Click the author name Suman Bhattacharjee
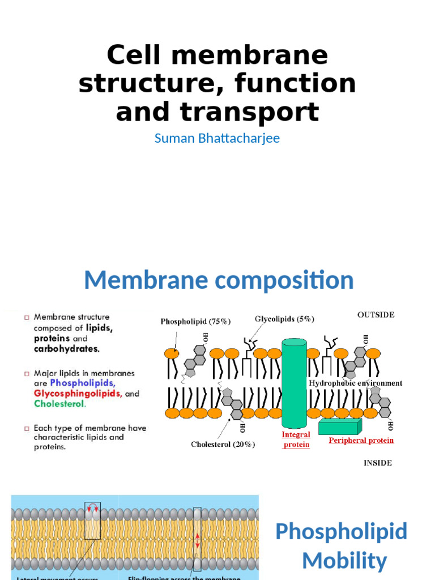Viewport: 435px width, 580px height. point(217,138)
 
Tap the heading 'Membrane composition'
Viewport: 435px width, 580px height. point(219,280)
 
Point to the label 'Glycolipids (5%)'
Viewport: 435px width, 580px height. point(284,319)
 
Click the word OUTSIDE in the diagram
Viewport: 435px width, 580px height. point(376,315)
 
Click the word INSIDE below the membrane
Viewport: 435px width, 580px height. point(377,463)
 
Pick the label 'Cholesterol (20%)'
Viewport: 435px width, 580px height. point(223,445)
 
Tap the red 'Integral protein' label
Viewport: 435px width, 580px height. point(296,440)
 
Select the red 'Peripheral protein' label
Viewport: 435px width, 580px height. point(361,440)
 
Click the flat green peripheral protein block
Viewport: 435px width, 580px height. point(339,427)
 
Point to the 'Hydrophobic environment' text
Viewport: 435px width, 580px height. point(355,383)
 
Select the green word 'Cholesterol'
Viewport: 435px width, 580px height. point(59,404)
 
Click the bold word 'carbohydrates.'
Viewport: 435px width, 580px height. point(66,348)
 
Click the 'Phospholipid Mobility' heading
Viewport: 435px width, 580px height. point(342,546)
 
